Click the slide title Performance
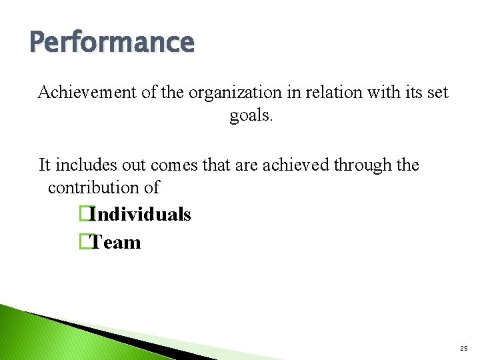tap(112, 42)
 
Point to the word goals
tap(251, 116)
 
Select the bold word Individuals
tap(141, 215)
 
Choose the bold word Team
tap(116, 242)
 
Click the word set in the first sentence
tap(437, 92)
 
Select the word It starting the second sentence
tap(45, 164)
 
